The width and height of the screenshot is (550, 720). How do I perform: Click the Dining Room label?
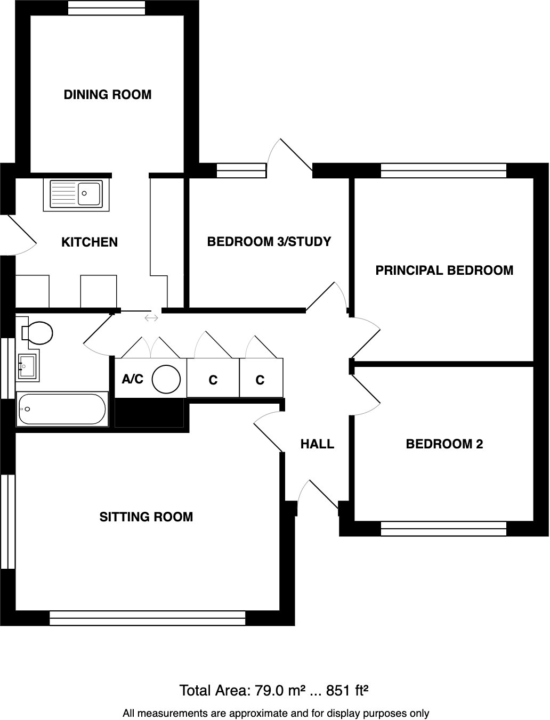pyautogui.click(x=108, y=95)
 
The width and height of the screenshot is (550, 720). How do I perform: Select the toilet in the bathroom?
pyautogui.click(x=38, y=333)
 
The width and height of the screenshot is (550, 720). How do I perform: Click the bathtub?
pyautogui.click(x=62, y=409)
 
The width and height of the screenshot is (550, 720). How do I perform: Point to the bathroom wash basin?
pyautogui.click(x=28, y=366)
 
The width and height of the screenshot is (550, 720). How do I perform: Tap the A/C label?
pyautogui.click(x=133, y=379)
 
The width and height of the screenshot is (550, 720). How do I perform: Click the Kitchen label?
pyautogui.click(x=90, y=242)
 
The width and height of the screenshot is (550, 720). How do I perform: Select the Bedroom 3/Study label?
pyautogui.click(x=269, y=242)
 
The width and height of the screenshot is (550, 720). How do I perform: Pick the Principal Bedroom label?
pyautogui.click(x=444, y=271)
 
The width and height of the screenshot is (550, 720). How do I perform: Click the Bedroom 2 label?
pyautogui.click(x=444, y=444)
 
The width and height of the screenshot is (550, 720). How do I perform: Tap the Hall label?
pyautogui.click(x=317, y=444)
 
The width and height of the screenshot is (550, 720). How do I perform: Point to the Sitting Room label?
pyautogui.click(x=146, y=517)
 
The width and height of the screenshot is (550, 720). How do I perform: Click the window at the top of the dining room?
pyautogui.click(x=107, y=8)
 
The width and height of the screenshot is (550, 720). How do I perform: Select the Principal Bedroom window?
pyautogui.click(x=443, y=170)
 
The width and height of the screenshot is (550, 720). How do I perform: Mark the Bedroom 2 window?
pyautogui.click(x=443, y=528)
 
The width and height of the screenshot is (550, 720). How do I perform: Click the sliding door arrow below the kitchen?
pyautogui.click(x=151, y=318)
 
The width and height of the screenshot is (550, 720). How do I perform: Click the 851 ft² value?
pyautogui.click(x=347, y=691)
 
